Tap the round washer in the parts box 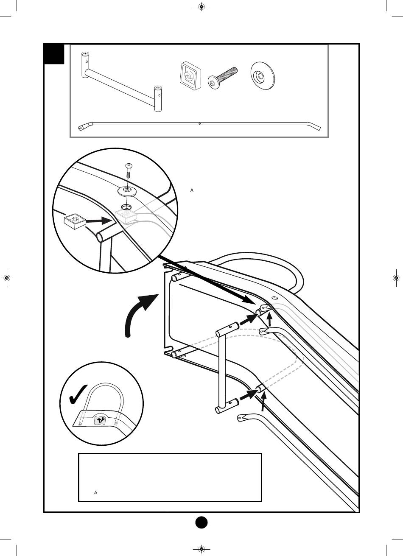tap(262, 75)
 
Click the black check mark tap(78, 394)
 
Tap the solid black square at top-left tap(54, 54)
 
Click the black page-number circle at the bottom tap(201, 522)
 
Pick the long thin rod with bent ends tap(199, 124)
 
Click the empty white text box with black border tap(170, 477)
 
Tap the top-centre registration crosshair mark tap(201, 7)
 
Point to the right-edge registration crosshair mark tap(396, 278)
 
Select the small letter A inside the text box tap(96, 493)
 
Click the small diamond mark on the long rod tap(199, 124)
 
